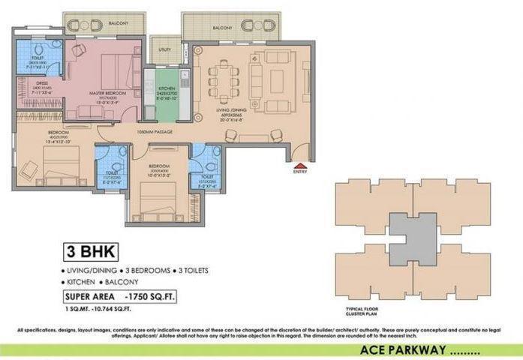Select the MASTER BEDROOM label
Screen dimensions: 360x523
[104, 94]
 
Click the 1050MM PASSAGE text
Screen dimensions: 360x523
[155, 131]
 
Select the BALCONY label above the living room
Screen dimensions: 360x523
[222, 28]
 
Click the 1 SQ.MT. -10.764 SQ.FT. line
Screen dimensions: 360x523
[99, 308]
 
